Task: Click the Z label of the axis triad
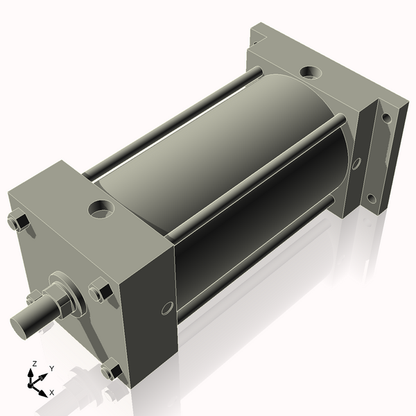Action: click(35, 363)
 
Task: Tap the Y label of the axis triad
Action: click(52, 369)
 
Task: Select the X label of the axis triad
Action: click(52, 392)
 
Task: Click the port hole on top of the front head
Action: click(101, 209)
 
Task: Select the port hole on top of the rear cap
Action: click(311, 72)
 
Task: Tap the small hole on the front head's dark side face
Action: click(167, 309)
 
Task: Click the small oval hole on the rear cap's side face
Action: click(357, 164)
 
